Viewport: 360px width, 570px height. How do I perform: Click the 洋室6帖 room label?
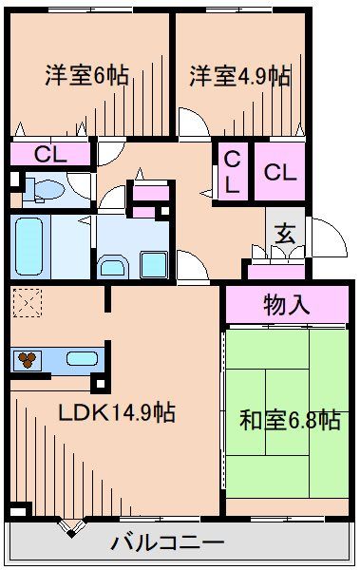tap(86, 76)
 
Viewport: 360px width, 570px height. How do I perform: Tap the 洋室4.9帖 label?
tap(239, 76)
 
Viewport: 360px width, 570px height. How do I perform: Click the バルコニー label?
tap(168, 543)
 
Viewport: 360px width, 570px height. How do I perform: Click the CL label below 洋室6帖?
tap(49, 153)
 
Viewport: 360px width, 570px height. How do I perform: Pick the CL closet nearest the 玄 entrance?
tap(279, 172)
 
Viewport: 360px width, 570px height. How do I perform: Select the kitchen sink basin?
tap(80, 360)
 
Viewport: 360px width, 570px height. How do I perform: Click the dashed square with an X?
tap(28, 305)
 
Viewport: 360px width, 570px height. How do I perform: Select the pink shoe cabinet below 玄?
tap(274, 271)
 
